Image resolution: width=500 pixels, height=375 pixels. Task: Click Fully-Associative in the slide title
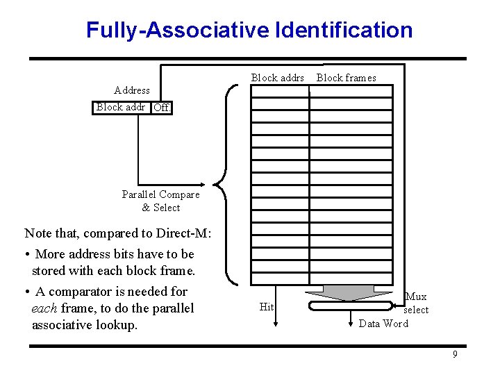[178, 31]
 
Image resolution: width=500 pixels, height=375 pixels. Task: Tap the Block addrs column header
[277, 78]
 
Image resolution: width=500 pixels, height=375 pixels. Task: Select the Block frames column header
[346, 78]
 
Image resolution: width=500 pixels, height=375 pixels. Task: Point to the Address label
[131, 90]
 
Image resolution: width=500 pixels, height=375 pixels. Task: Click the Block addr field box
[121, 107]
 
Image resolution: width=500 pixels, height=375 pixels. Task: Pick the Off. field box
[162, 108]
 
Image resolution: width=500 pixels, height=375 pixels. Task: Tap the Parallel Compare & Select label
[160, 201]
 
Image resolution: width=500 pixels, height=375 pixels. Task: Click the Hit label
[267, 307]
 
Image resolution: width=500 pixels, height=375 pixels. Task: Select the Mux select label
[416, 303]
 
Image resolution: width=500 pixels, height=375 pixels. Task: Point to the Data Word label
[383, 324]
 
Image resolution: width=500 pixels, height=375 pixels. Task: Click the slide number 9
[455, 355]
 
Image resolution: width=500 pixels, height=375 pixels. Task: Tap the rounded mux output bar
[350, 306]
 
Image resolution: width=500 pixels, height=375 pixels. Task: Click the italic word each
[44, 308]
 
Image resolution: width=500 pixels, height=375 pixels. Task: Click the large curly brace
[222, 185]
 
